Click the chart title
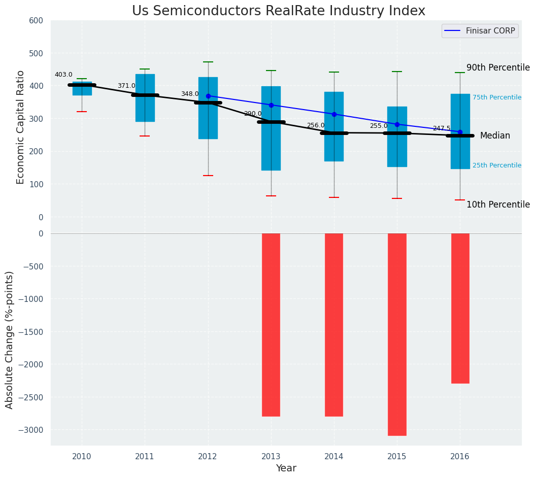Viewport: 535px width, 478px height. [x=279, y=11]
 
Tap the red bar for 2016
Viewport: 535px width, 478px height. [x=460, y=308]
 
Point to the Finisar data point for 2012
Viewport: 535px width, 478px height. [x=208, y=96]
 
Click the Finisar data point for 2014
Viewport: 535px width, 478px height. [x=334, y=114]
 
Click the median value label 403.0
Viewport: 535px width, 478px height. [x=63, y=75]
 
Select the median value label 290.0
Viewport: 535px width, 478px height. [x=253, y=114]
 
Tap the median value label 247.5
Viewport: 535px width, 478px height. [x=442, y=128]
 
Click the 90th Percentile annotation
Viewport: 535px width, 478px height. [x=498, y=67]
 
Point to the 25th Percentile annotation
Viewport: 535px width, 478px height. [x=497, y=165]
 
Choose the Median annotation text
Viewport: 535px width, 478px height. [x=495, y=135]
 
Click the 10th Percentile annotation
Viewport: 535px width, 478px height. [x=498, y=204]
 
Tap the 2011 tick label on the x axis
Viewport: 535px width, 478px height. [x=145, y=457]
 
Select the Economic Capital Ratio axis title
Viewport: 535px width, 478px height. [x=21, y=127]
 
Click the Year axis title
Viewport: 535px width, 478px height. [x=286, y=468]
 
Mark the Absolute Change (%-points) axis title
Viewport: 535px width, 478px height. [x=10, y=339]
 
